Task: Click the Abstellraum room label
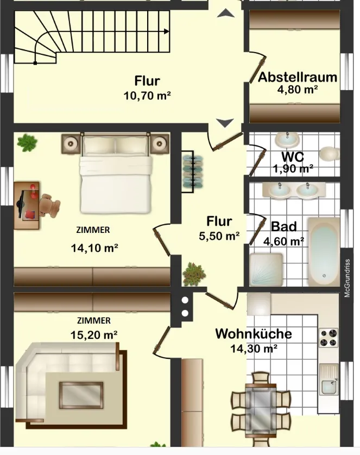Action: (x=298, y=77)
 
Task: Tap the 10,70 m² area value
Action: (x=147, y=96)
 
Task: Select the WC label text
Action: (x=293, y=157)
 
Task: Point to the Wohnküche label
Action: (x=253, y=334)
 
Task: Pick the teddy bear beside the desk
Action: (x=49, y=205)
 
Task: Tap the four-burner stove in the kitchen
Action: (x=329, y=338)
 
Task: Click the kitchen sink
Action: (x=329, y=379)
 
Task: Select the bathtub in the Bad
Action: (x=324, y=251)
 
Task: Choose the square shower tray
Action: (x=266, y=269)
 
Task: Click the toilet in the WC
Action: (x=330, y=154)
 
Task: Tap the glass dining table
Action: (x=261, y=410)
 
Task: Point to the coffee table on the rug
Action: (x=81, y=395)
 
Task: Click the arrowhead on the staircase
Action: (x=167, y=31)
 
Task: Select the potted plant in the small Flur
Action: (x=194, y=274)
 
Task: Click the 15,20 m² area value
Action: (x=94, y=335)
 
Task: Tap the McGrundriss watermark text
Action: (x=347, y=278)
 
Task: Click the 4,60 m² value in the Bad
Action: (x=283, y=241)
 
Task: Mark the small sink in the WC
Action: (x=287, y=140)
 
